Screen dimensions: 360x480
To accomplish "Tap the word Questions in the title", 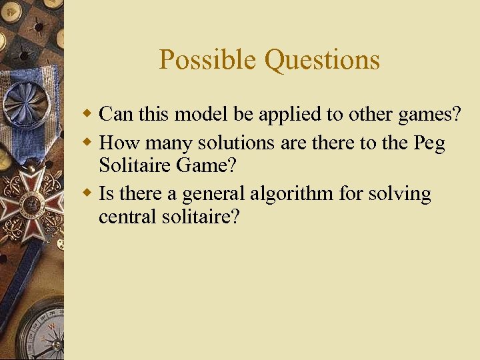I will (x=322, y=60).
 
